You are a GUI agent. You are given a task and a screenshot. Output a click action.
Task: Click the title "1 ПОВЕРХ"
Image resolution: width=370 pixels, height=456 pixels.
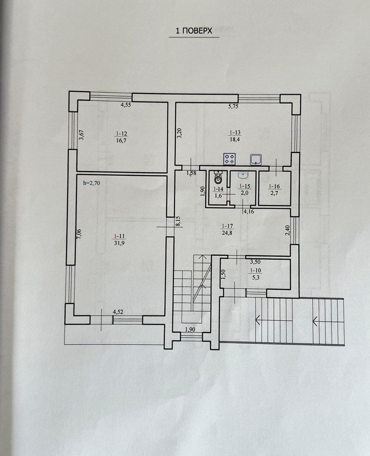click(x=194, y=31)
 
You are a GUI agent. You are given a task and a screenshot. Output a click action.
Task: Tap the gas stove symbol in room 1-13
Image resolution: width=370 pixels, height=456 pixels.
click(x=230, y=159)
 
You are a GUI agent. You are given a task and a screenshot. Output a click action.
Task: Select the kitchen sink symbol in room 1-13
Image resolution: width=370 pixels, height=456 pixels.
click(x=256, y=160)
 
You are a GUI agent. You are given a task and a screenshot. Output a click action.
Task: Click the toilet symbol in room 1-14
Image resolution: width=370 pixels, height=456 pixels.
click(x=218, y=177)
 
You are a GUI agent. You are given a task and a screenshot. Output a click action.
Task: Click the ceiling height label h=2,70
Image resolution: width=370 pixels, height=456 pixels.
click(x=92, y=183)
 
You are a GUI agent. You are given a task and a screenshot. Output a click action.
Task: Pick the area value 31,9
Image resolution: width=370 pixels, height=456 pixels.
click(x=120, y=243)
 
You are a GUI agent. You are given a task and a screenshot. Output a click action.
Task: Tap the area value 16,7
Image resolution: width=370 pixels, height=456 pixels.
click(x=121, y=141)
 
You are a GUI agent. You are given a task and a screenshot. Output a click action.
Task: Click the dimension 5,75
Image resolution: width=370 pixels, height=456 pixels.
click(x=233, y=106)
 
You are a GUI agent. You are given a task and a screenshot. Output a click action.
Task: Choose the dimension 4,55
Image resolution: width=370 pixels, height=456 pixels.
click(x=126, y=105)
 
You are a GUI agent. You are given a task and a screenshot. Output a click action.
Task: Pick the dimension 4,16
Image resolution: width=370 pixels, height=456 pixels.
click(x=249, y=212)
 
